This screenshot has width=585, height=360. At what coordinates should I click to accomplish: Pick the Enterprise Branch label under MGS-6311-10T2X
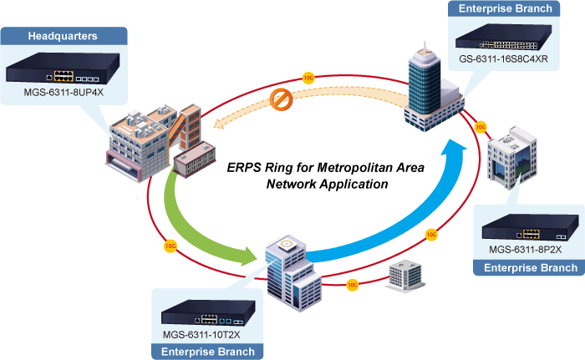coord(208,352)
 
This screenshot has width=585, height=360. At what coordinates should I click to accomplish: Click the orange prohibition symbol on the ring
coord(282,100)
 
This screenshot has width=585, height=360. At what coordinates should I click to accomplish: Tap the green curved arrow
coord(201,226)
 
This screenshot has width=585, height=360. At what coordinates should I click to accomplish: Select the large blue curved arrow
coord(418,209)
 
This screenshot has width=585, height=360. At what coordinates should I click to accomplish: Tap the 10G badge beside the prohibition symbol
coord(308,78)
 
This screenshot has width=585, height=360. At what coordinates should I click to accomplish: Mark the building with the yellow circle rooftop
coord(288,267)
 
